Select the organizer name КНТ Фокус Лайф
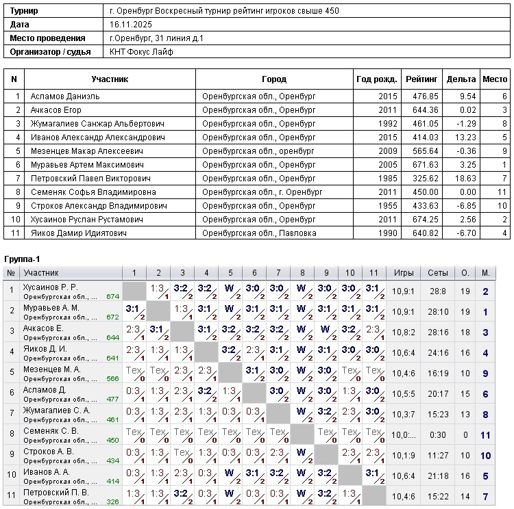pos(142,52)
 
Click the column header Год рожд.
pos(376,79)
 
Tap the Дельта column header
pos(461,79)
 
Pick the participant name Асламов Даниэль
pos(65,96)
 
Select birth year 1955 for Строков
pos(387,206)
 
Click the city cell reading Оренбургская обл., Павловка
pos(259,233)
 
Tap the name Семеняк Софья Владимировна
pos(93,192)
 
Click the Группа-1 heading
pos(23,259)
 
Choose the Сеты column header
pos(438,273)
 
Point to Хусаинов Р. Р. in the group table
pos(51,287)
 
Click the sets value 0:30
pos(438,435)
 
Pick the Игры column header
pos(404,273)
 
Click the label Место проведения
pos(48,38)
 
